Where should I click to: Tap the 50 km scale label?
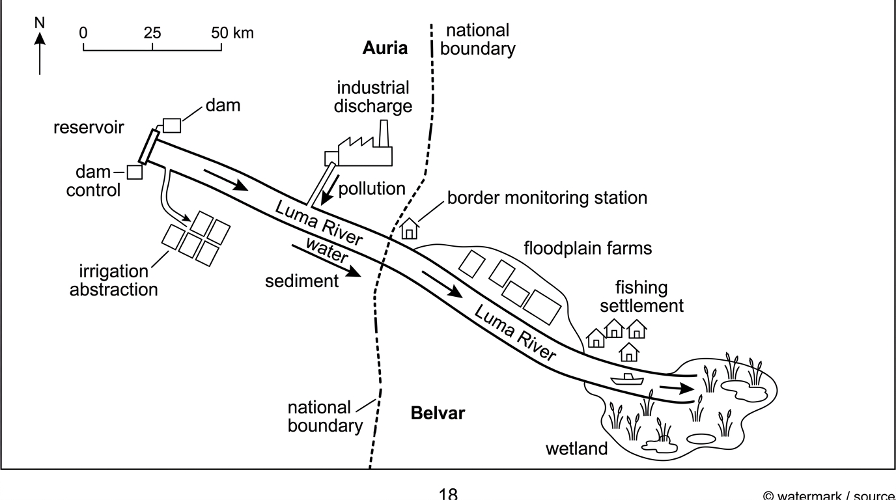pyautogui.click(x=232, y=33)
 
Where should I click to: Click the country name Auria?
pyautogui.click(x=385, y=48)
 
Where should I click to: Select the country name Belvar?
pyautogui.click(x=438, y=413)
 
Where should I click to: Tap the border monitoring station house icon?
pyautogui.click(x=409, y=229)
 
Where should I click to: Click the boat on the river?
pyautogui.click(x=627, y=379)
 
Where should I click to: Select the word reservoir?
pyautogui.click(x=89, y=128)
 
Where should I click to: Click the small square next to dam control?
pyautogui.click(x=134, y=172)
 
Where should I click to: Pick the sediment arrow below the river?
pyautogui.click(x=326, y=260)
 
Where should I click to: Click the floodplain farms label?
pyautogui.click(x=587, y=249)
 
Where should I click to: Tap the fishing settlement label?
pyautogui.click(x=641, y=297)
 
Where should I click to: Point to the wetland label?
pyautogui.click(x=576, y=449)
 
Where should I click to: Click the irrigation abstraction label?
pyautogui.click(x=113, y=281)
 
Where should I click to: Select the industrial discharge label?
pyautogui.click(x=373, y=97)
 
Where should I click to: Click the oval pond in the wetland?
pyautogui.click(x=701, y=439)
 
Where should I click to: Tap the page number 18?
pyautogui.click(x=448, y=493)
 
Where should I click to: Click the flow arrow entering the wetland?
pyautogui.click(x=677, y=388)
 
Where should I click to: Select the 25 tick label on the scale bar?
pyautogui.click(x=152, y=33)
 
